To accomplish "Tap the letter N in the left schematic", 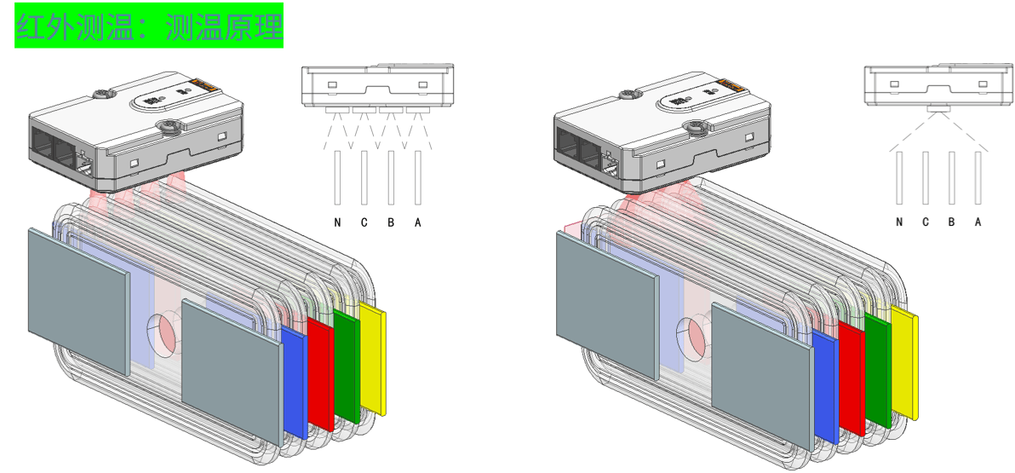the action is pos(337,223).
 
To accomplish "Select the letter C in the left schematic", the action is pos(364,223).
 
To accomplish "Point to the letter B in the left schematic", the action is pos(391,223).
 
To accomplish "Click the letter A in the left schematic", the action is pos(418,223).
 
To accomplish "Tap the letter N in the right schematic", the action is pos(899,222).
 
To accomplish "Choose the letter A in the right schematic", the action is pos(978,222).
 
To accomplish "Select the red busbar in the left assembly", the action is pos(321,374).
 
